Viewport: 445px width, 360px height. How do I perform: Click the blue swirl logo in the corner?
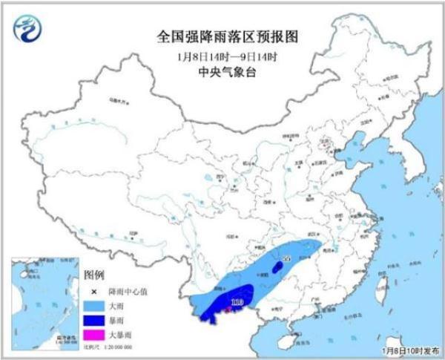(x=27, y=27)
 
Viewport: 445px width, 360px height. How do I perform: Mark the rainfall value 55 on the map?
(x=287, y=258)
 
